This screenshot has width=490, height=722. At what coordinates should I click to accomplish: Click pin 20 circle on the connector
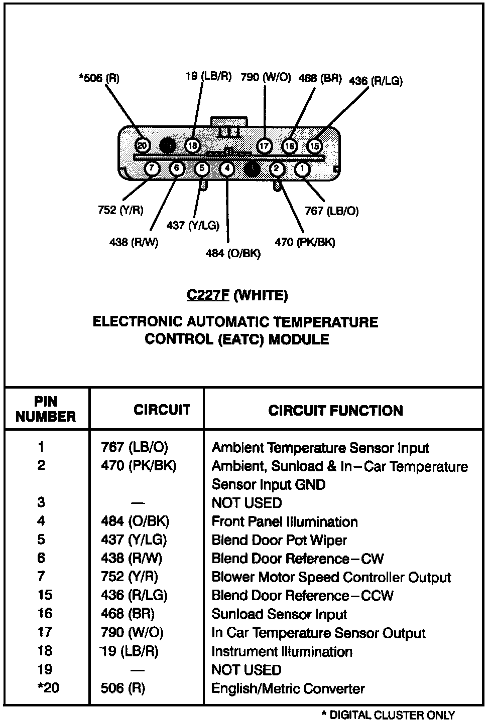point(143,145)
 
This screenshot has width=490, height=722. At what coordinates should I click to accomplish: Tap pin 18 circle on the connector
point(193,145)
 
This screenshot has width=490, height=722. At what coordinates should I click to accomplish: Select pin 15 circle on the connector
point(314,146)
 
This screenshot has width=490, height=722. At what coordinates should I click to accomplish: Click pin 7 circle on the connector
point(152,168)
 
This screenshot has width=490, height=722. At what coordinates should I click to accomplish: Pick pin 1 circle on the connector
point(302,169)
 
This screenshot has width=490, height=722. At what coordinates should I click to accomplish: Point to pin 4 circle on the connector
point(227,168)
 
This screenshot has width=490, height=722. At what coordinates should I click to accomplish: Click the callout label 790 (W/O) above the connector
point(266,77)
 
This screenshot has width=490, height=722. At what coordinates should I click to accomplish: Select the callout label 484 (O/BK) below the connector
point(233,253)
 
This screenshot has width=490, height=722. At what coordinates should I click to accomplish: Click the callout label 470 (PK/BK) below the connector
point(305,242)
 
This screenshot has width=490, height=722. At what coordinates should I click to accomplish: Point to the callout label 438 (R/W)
point(134,242)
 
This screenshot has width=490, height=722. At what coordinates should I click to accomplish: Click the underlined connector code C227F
point(208,295)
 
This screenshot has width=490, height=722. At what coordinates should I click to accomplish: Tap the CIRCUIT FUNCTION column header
point(335,411)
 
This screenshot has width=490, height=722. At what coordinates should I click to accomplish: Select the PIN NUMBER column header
point(46,409)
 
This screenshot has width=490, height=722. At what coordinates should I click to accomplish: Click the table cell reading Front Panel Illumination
point(285,521)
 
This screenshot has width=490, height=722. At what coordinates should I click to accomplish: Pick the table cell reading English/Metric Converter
point(288,688)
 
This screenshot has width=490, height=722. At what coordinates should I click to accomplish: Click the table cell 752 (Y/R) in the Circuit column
point(130,577)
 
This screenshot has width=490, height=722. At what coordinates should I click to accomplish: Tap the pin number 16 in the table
point(45,614)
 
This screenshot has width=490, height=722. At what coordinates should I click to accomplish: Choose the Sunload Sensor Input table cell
point(279,614)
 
